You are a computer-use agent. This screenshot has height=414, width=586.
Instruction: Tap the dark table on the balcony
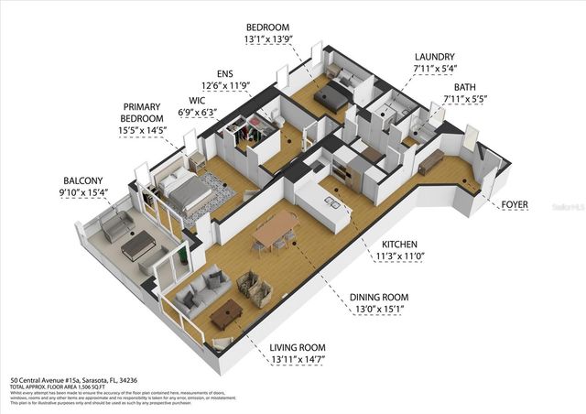tap(138, 245)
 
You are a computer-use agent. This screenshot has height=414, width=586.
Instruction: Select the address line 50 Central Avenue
tap(73, 379)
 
